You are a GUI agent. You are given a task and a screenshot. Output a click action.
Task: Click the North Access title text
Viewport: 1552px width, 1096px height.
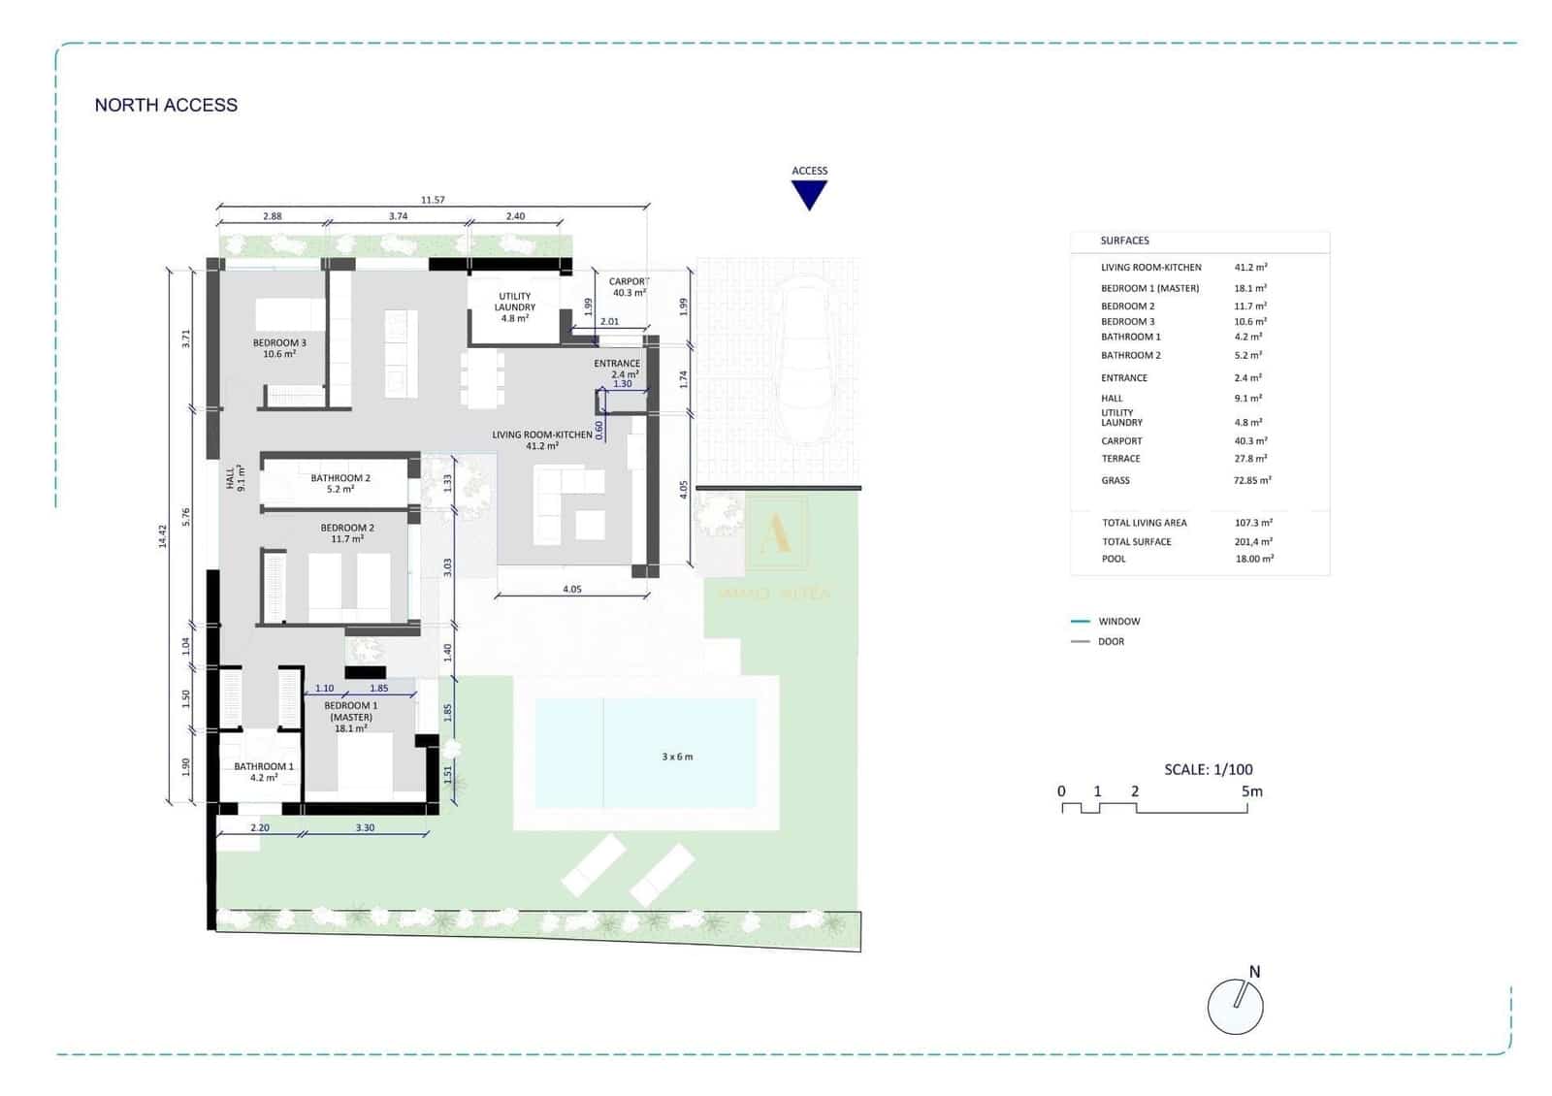pos(166,105)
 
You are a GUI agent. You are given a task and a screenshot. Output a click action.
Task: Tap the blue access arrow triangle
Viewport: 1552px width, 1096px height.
pos(808,195)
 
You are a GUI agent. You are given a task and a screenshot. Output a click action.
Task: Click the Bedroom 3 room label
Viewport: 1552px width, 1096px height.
pos(279,348)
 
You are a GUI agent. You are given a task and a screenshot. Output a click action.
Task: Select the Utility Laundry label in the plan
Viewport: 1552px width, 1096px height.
pos(514,307)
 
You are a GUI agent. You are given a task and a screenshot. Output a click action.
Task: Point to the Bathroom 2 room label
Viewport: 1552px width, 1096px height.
pos(340,483)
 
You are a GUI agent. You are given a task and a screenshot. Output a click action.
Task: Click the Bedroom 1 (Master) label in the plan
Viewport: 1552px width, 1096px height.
pos(350,717)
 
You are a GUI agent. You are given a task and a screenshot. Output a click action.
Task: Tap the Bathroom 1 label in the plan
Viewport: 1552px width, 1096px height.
pos(263,771)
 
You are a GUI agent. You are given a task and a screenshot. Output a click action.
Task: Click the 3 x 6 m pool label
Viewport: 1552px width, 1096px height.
pos(677,757)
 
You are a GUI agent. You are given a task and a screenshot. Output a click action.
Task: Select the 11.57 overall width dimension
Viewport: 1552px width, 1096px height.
pos(433,200)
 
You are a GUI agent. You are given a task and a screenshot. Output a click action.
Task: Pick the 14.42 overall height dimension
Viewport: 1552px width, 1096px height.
pos(163,536)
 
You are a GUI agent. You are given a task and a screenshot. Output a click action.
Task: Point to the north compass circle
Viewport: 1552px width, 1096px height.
pos(1235,1007)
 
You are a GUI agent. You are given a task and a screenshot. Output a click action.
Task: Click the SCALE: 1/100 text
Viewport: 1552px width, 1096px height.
pos(1208,769)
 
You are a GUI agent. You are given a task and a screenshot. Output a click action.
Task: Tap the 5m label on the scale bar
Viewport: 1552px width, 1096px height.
pos(1251,791)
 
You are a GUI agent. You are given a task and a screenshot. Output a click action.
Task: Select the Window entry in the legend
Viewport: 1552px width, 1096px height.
pos(1118,622)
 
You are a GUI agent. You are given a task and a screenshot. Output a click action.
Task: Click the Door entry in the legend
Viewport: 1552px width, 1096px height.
pos(1111,642)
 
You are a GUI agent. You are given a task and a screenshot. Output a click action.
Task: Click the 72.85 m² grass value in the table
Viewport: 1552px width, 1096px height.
pos(1251,481)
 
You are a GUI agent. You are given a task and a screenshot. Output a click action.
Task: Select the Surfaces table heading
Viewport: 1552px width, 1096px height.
pos(1124,241)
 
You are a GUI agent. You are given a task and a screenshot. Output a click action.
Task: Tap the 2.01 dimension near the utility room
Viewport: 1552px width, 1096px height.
pos(609,322)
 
